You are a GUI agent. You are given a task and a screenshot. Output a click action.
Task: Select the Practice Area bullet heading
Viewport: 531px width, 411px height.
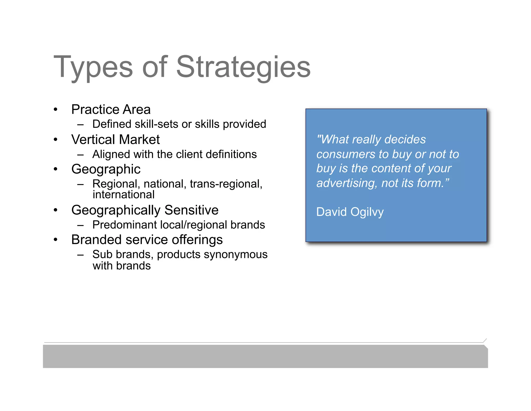(111, 109)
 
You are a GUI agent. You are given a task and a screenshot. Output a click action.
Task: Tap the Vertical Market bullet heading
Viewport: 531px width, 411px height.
(115, 140)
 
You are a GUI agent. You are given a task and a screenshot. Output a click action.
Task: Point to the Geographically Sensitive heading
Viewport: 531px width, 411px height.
(145, 210)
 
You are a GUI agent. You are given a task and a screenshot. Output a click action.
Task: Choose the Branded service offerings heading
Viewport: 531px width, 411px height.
(147, 240)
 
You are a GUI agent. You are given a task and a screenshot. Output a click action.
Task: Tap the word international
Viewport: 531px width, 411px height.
(123, 195)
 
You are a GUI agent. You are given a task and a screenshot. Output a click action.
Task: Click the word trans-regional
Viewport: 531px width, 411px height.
(226, 184)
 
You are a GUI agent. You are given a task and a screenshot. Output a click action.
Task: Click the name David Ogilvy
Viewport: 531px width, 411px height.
(350, 212)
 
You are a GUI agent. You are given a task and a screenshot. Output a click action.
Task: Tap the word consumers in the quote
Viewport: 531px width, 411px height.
(346, 154)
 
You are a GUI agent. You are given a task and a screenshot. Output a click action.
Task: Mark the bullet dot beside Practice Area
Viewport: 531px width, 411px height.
(55, 110)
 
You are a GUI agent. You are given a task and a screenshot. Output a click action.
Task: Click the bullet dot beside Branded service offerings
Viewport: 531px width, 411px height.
(55, 240)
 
